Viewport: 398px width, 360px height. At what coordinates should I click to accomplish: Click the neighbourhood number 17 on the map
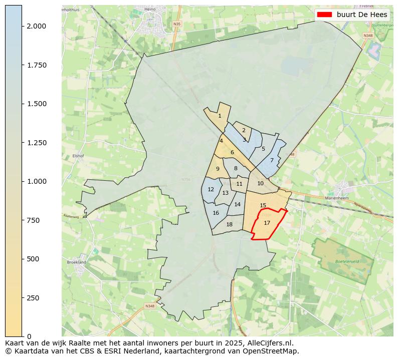coord(267,223)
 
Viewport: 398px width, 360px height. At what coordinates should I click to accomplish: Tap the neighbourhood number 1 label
coord(220,116)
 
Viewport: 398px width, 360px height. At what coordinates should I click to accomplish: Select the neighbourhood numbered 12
coord(211,189)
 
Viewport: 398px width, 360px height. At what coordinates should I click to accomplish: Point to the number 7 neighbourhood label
coord(272,160)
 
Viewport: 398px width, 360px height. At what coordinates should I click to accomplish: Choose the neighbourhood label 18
coord(229,224)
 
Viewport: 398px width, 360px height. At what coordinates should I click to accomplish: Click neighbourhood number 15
coord(263,205)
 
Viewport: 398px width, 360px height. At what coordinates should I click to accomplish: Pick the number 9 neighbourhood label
coord(218,169)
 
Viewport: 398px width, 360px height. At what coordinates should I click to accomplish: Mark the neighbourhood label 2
coord(244,130)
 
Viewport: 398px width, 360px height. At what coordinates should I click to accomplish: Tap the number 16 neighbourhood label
coord(216,213)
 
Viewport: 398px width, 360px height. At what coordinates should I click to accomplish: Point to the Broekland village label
coord(76,262)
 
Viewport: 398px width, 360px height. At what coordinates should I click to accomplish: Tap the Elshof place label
coord(77,156)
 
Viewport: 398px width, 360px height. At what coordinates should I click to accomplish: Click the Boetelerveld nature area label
coord(346,261)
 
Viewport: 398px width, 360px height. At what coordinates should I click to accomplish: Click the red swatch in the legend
coord(325,15)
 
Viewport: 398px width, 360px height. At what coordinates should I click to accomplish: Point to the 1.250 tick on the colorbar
coord(37,143)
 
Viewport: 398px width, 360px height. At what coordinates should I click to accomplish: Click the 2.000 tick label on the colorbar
coord(37,26)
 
